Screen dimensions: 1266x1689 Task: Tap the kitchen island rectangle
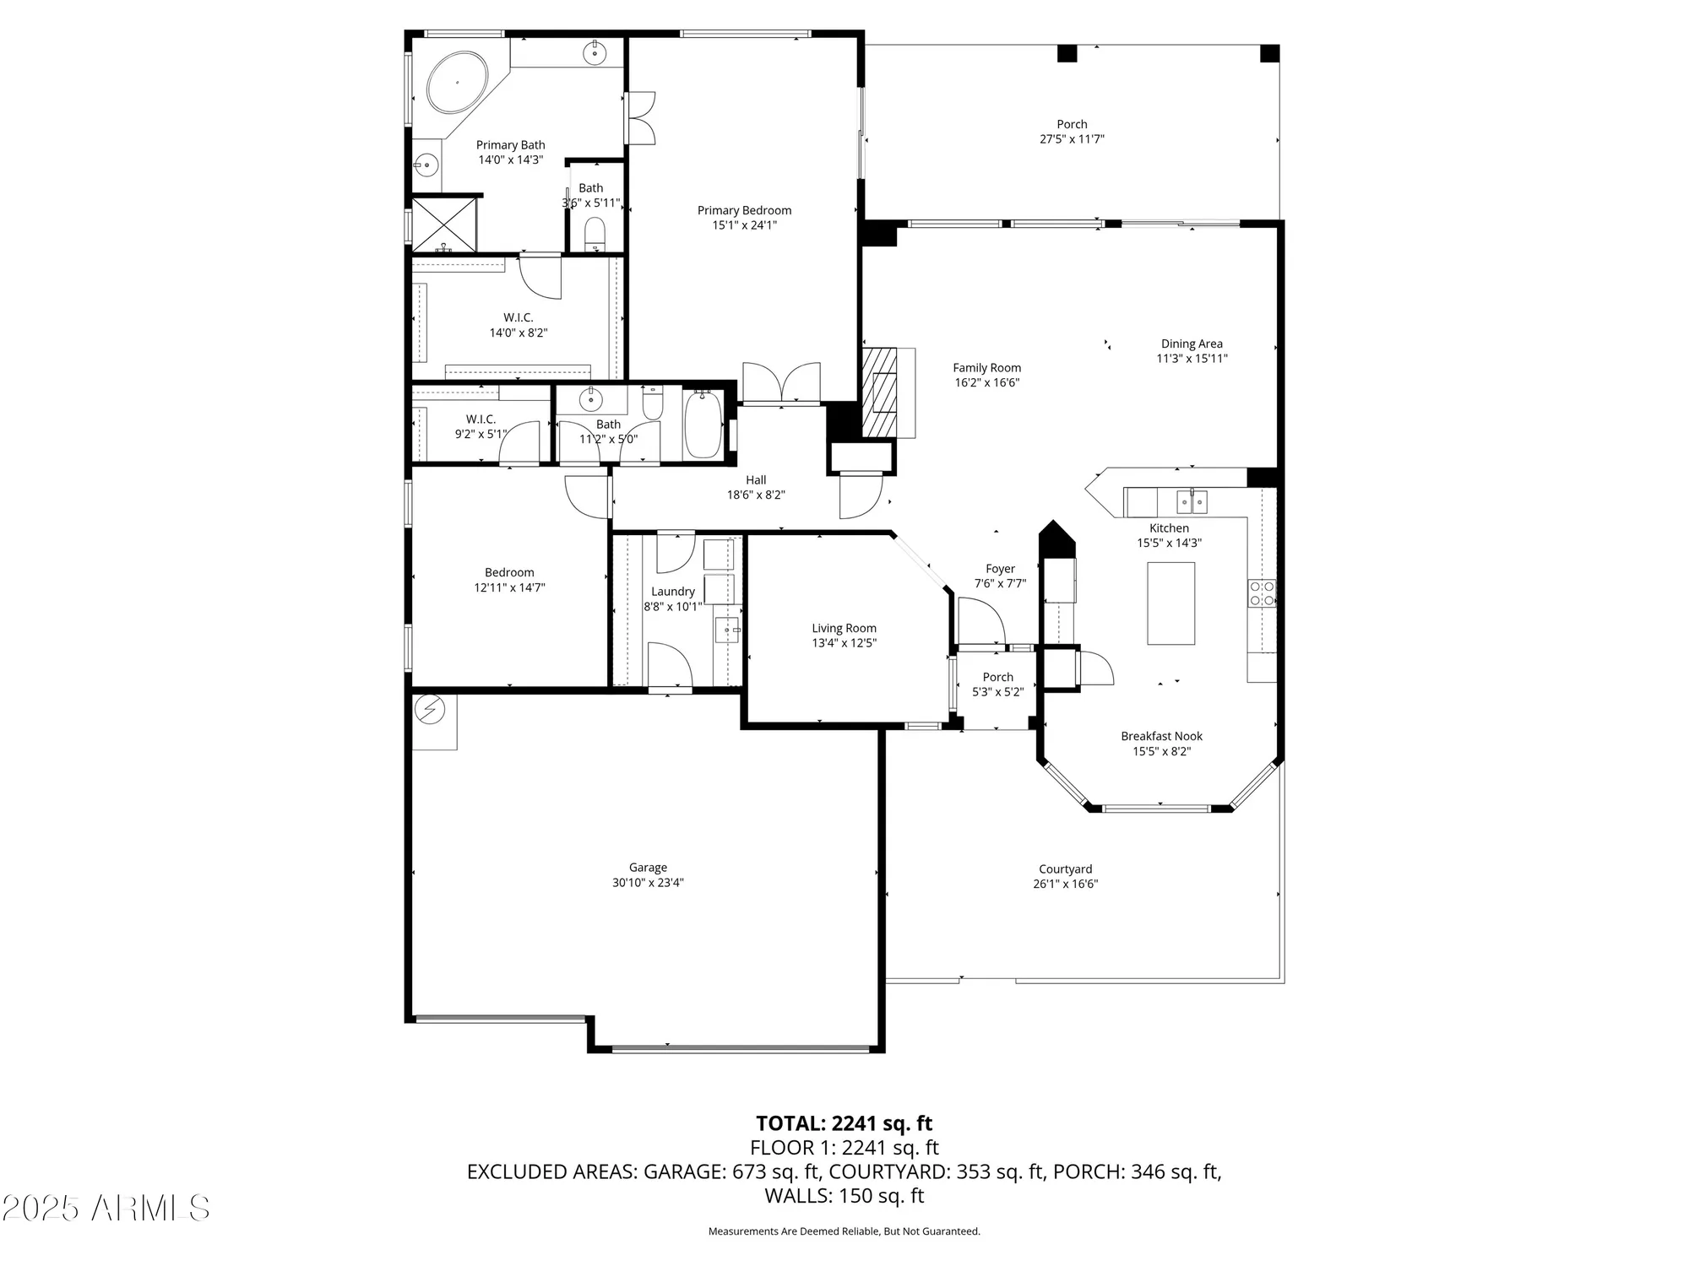(x=1170, y=603)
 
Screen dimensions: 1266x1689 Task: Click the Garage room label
(x=648, y=868)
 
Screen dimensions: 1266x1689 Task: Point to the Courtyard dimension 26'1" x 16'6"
(x=1065, y=885)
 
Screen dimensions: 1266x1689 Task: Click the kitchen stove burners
(x=1262, y=593)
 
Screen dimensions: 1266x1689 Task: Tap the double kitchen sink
(x=1192, y=503)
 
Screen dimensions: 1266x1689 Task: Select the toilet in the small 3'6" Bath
(x=595, y=233)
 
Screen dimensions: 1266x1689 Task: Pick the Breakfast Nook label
(x=1161, y=737)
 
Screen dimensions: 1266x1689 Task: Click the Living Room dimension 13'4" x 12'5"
(x=844, y=643)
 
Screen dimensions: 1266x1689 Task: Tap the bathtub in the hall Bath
(x=702, y=425)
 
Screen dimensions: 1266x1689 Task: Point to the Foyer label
(x=1000, y=569)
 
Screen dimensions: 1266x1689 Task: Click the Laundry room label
(x=673, y=592)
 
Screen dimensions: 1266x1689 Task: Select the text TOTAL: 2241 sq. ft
(x=844, y=1123)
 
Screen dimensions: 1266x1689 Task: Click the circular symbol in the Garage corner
(x=431, y=710)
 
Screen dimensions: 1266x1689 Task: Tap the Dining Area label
(x=1191, y=344)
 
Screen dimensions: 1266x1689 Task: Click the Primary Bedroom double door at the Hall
(x=781, y=383)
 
